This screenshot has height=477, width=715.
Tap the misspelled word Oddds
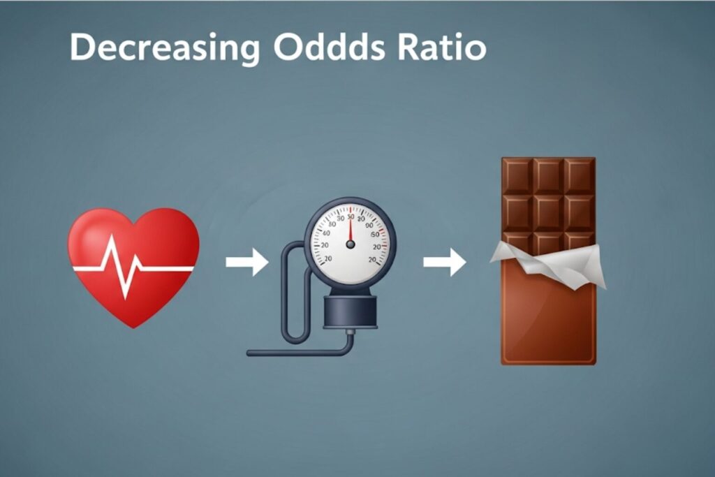point(329,47)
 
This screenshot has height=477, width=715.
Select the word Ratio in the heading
point(442,47)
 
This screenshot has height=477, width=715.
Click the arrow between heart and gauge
point(246,262)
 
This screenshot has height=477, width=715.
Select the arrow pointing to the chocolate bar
point(445,262)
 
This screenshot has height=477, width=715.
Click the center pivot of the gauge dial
point(351,245)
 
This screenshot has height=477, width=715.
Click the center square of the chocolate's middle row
point(549,213)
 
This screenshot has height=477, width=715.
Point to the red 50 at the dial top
point(351,217)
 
